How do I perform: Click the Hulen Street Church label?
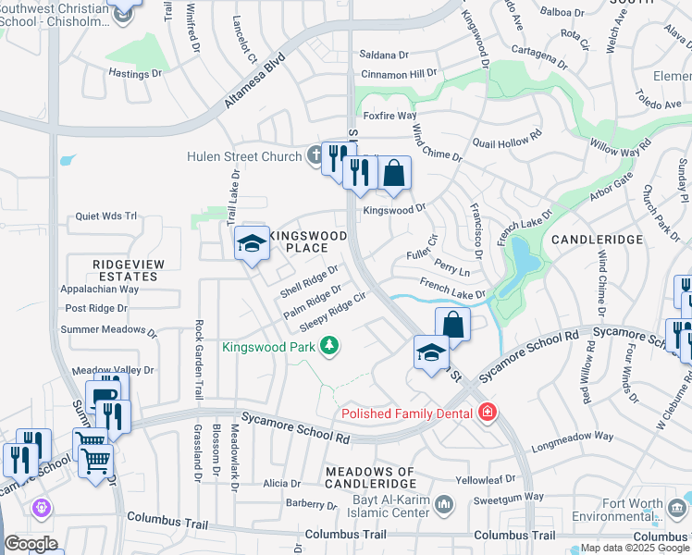(x=243, y=156)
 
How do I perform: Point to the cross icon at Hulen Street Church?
(x=315, y=155)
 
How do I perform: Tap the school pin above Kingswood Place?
(x=252, y=244)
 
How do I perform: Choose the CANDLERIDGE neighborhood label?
(x=597, y=240)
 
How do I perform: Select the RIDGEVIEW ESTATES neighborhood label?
(x=128, y=270)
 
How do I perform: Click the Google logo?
(x=31, y=544)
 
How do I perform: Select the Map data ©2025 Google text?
(x=634, y=548)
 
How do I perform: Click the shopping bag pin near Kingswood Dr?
(x=393, y=173)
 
